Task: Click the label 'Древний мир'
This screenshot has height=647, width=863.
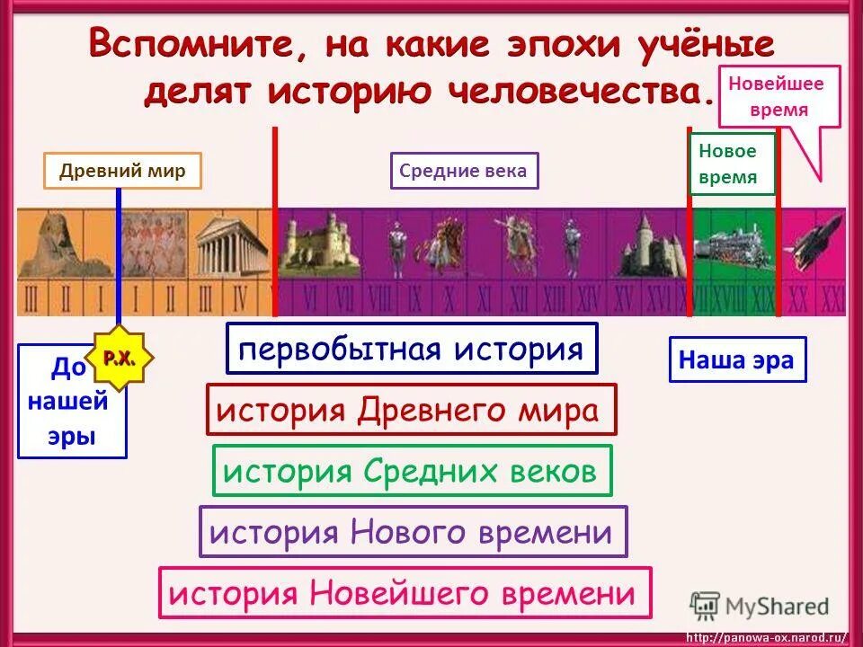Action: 122,171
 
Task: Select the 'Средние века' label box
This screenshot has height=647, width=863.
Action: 464,171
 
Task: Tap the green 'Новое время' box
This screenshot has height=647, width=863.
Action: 727,164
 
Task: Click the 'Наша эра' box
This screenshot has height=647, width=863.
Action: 736,359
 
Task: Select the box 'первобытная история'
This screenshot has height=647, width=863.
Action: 412,348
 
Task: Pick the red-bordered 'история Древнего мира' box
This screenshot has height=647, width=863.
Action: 411,410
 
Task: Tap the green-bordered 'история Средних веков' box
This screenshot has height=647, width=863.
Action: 411,470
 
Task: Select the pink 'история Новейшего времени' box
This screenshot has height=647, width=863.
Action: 405,592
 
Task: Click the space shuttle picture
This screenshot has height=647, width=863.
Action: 813,243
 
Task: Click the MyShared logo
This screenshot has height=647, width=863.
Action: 760,606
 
